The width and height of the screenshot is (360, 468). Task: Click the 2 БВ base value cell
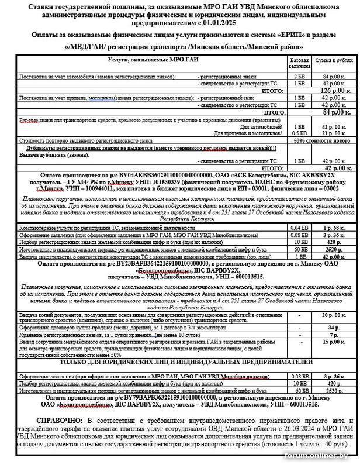(x=299, y=77)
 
